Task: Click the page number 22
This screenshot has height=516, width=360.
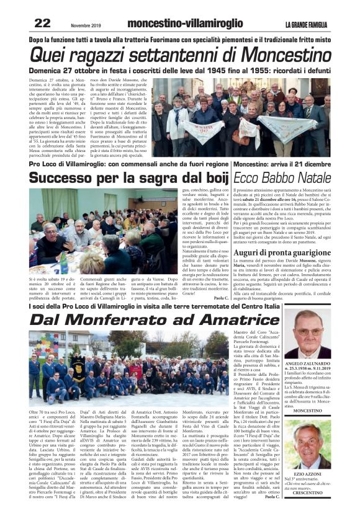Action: tap(42, 23)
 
